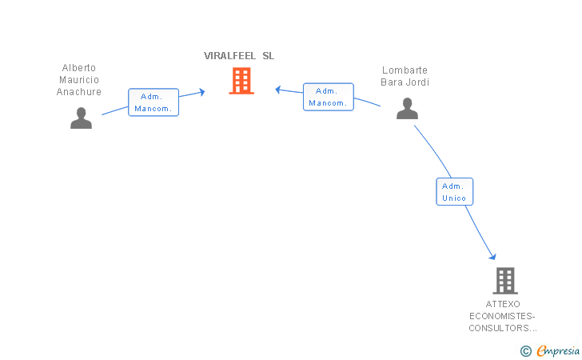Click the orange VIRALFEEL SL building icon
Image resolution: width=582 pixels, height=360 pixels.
[x=241, y=81]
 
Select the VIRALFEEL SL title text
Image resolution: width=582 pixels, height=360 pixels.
[x=239, y=56]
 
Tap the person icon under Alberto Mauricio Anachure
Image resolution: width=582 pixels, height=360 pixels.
[x=81, y=118]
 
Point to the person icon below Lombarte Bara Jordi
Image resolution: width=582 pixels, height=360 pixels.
[x=407, y=109]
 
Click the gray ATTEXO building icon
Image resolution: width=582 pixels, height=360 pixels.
[x=505, y=281]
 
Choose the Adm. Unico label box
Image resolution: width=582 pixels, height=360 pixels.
[x=455, y=192]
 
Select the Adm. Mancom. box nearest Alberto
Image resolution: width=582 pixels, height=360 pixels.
[x=153, y=102]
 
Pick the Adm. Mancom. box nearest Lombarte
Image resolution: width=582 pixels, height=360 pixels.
[x=329, y=97]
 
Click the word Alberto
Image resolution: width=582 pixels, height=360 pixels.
[x=78, y=68]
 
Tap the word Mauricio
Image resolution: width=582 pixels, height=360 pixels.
[x=79, y=79]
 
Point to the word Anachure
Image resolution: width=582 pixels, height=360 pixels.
[x=78, y=91]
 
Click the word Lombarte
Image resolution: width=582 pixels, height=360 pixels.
[x=405, y=70]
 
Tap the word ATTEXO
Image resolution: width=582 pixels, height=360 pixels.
[x=503, y=304]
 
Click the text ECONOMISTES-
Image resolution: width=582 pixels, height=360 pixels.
[x=502, y=316]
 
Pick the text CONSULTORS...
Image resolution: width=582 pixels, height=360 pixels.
[x=499, y=328]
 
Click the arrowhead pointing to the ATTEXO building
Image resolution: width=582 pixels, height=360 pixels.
[x=493, y=256]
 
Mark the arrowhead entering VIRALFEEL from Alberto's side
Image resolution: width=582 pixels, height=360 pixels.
[x=202, y=92]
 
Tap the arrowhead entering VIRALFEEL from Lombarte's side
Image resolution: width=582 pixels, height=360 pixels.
[x=277, y=89]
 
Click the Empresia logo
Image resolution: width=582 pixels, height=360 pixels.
[x=550, y=350]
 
